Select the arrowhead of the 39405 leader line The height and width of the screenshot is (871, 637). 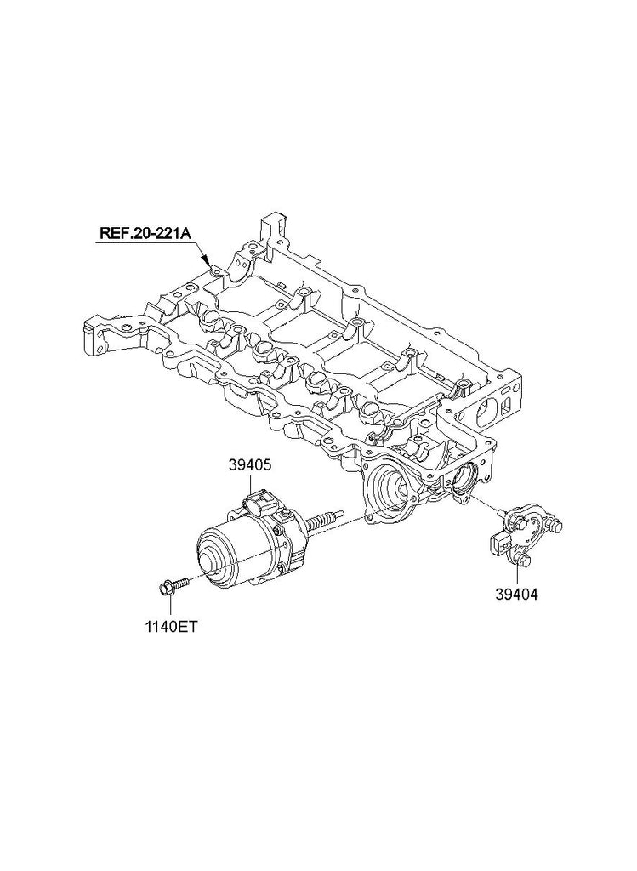249,487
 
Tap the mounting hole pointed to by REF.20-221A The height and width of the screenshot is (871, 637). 216,270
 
